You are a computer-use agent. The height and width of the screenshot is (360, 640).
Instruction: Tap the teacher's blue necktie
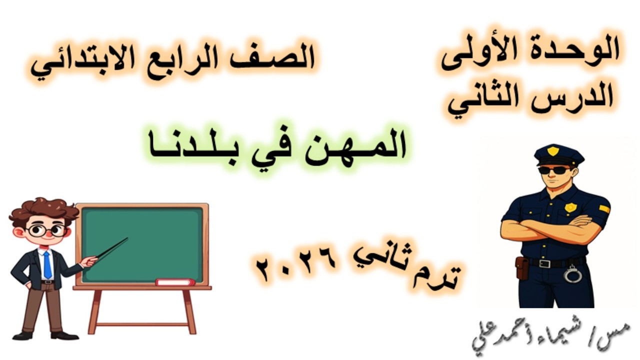click(x=47, y=264)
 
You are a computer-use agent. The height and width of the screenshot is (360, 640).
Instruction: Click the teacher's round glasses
click(x=46, y=230)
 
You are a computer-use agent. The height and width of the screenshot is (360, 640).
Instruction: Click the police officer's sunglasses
click(x=553, y=170)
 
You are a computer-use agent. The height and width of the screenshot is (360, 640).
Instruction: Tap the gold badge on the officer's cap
click(x=553, y=150)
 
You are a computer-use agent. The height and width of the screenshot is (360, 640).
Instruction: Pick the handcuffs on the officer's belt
click(x=572, y=273)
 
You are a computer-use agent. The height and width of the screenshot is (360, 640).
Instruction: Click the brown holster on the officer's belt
click(x=522, y=268)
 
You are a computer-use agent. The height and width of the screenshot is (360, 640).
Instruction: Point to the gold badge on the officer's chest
click(x=570, y=207)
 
